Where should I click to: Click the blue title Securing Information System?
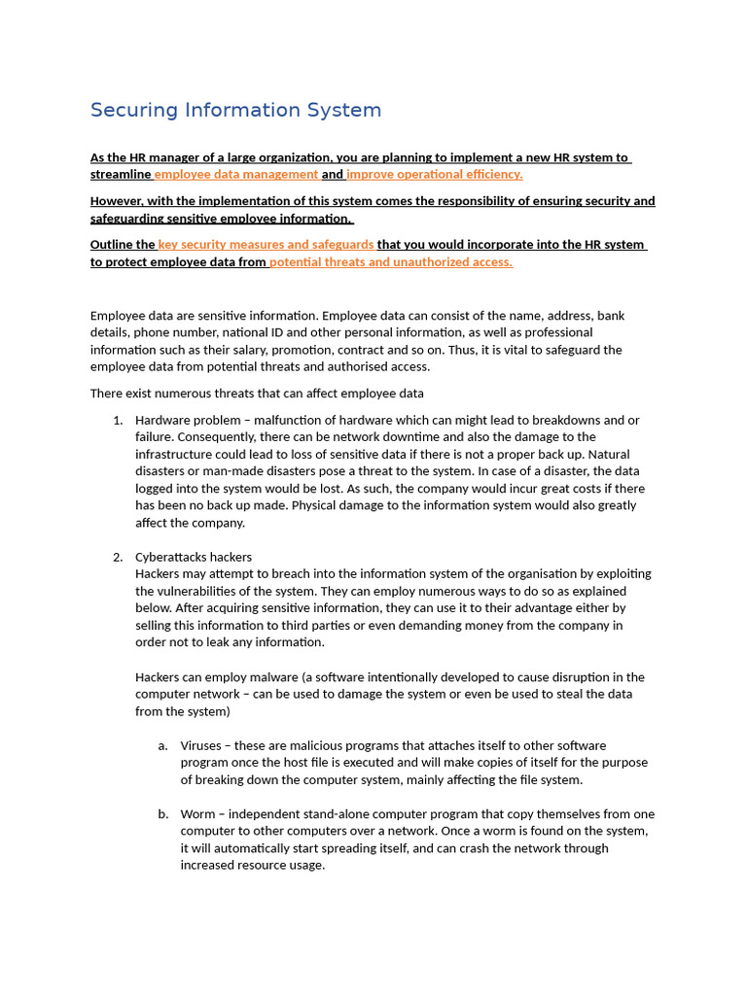coord(235,110)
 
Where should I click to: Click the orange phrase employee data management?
coord(236,175)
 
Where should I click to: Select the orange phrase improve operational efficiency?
coord(435,175)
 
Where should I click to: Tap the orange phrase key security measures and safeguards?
coord(266,245)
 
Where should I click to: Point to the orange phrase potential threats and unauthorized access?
coord(391,262)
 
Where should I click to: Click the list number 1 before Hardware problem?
coord(118,421)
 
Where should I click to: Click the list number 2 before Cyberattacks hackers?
coord(118,558)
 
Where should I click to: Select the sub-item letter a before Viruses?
coord(162,746)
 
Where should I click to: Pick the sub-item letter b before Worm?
coord(162,814)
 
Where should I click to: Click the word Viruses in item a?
coord(200,746)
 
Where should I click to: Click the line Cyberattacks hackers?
coord(194,558)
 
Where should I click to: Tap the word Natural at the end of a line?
coord(610,455)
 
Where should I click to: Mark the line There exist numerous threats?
coord(257,394)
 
